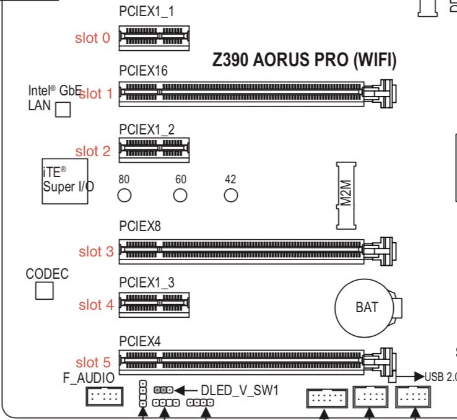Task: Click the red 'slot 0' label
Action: click(x=92, y=38)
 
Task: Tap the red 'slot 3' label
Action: click(x=96, y=252)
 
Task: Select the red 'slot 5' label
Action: click(x=94, y=362)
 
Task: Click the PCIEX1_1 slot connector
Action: click(x=154, y=38)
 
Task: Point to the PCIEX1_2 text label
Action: click(x=147, y=129)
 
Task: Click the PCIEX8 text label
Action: click(x=140, y=226)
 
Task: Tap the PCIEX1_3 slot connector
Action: click(x=154, y=305)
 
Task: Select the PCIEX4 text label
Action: click(x=140, y=341)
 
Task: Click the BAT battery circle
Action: click(x=364, y=308)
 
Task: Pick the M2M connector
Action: click(x=346, y=196)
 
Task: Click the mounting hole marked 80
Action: click(x=124, y=195)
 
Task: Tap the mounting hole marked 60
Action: click(x=180, y=195)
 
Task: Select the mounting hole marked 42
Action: click(x=231, y=195)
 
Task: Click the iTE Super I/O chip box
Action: click(x=65, y=182)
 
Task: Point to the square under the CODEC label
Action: click(x=45, y=291)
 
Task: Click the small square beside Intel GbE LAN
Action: click(x=63, y=110)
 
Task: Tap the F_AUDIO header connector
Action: click(x=105, y=396)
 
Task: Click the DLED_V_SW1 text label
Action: click(x=240, y=390)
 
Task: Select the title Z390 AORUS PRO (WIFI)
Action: click(x=304, y=60)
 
